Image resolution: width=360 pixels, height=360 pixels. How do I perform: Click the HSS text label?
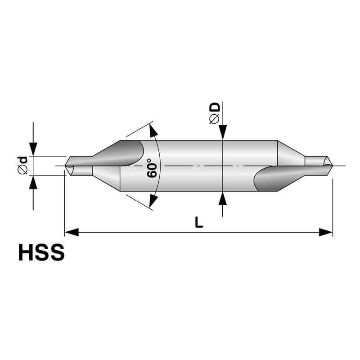click(41, 253)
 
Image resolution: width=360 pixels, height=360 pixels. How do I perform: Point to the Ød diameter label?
click(22, 165)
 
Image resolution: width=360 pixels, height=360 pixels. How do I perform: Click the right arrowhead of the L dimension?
click(326, 232)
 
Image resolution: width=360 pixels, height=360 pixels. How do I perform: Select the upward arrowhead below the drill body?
click(223, 198)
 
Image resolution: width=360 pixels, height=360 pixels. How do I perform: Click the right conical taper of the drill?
click(290, 155)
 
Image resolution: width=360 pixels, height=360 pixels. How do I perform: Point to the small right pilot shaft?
click(315, 161)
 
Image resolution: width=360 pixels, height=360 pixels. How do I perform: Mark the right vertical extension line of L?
click(333, 207)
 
